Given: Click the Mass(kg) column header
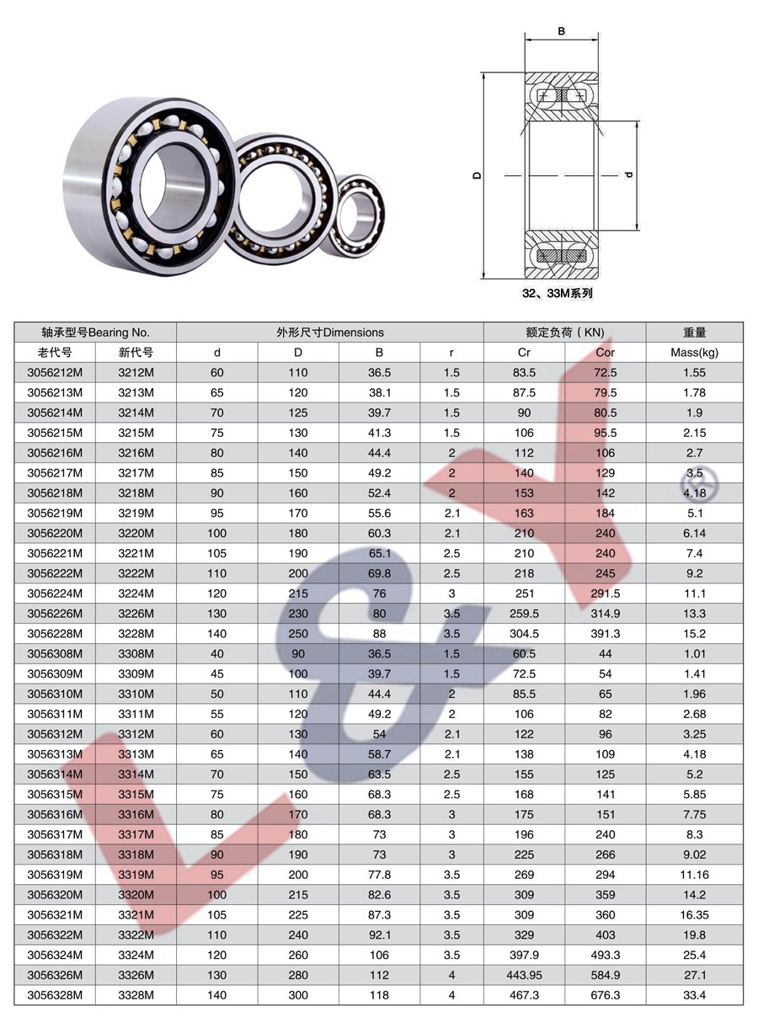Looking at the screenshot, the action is [694, 352].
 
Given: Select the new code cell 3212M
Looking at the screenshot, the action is [136, 372].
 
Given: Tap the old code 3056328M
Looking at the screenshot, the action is [55, 995].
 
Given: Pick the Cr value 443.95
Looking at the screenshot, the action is [524, 975].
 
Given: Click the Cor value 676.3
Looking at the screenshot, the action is [606, 995].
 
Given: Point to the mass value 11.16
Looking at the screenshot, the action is [694, 875].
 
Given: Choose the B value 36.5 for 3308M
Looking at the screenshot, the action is [379, 653].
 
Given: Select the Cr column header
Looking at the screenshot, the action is [524, 352].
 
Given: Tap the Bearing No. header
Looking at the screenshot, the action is [119, 332].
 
